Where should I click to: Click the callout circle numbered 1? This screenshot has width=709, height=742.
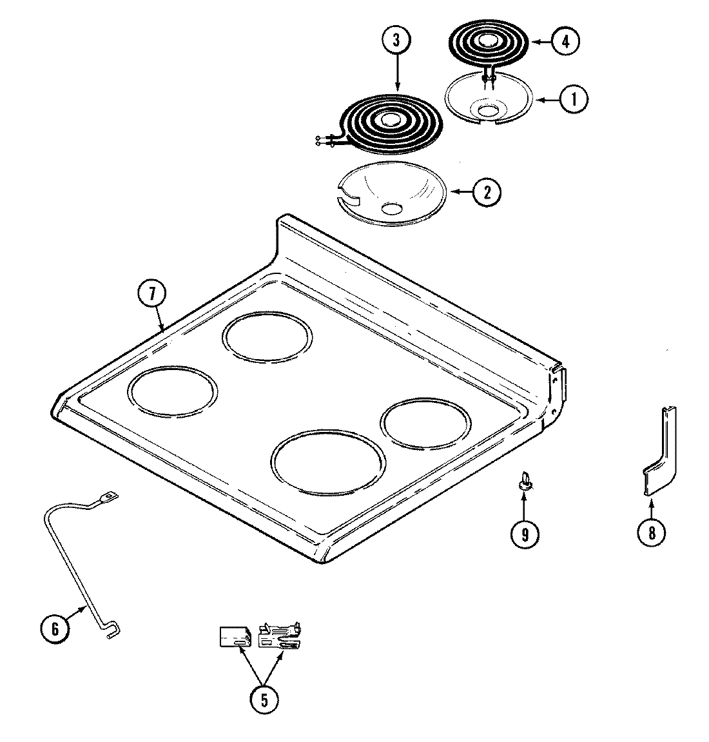(573, 99)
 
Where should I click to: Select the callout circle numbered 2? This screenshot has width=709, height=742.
(487, 191)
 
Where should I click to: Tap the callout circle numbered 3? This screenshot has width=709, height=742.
(396, 41)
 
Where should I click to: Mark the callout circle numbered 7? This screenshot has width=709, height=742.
(151, 294)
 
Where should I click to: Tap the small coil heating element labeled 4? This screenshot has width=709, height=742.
(487, 43)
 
